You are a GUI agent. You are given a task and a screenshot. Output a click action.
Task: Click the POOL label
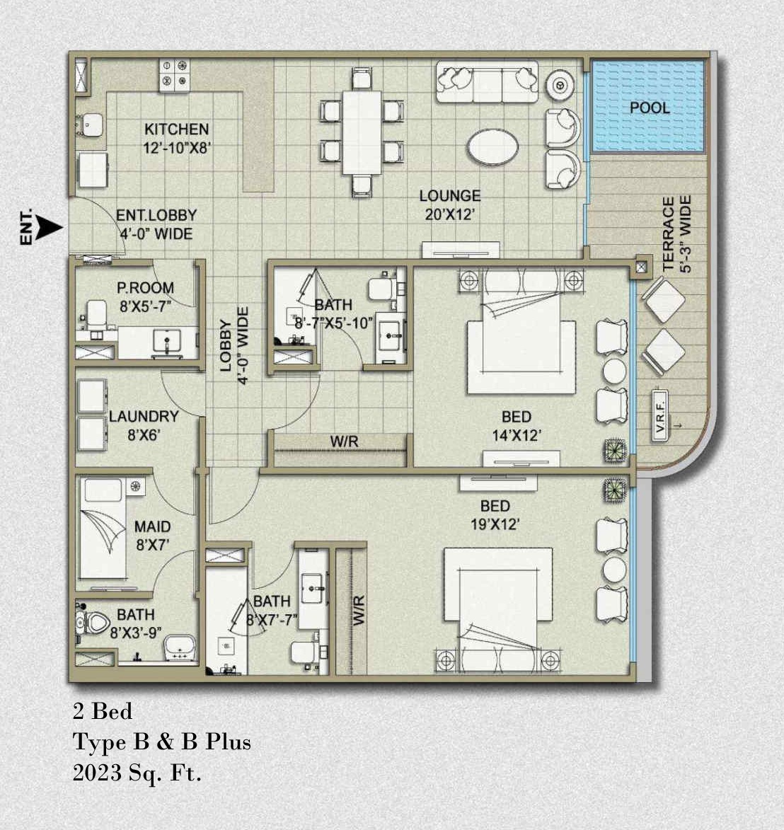click(x=650, y=108)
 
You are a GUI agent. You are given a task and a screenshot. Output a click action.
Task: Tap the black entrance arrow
click(x=52, y=228)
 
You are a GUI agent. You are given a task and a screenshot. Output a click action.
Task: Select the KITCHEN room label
click(x=177, y=129)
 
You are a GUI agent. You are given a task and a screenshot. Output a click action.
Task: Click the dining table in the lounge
click(x=362, y=133)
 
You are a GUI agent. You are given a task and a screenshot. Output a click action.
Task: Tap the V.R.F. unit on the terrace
click(x=659, y=416)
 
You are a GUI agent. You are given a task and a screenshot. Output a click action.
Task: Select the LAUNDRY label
click(x=144, y=417)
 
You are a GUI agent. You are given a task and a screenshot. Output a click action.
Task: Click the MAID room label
click(x=152, y=526)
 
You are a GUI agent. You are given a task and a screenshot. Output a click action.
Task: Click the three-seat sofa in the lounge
click(x=487, y=82)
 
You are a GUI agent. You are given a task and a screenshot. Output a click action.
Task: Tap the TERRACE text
click(x=669, y=234)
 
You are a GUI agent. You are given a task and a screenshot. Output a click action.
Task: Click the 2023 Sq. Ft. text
click(x=137, y=773)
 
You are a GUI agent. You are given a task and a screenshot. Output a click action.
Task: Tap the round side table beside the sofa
click(x=560, y=85)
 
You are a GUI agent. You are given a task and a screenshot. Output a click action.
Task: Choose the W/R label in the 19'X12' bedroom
click(x=358, y=611)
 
